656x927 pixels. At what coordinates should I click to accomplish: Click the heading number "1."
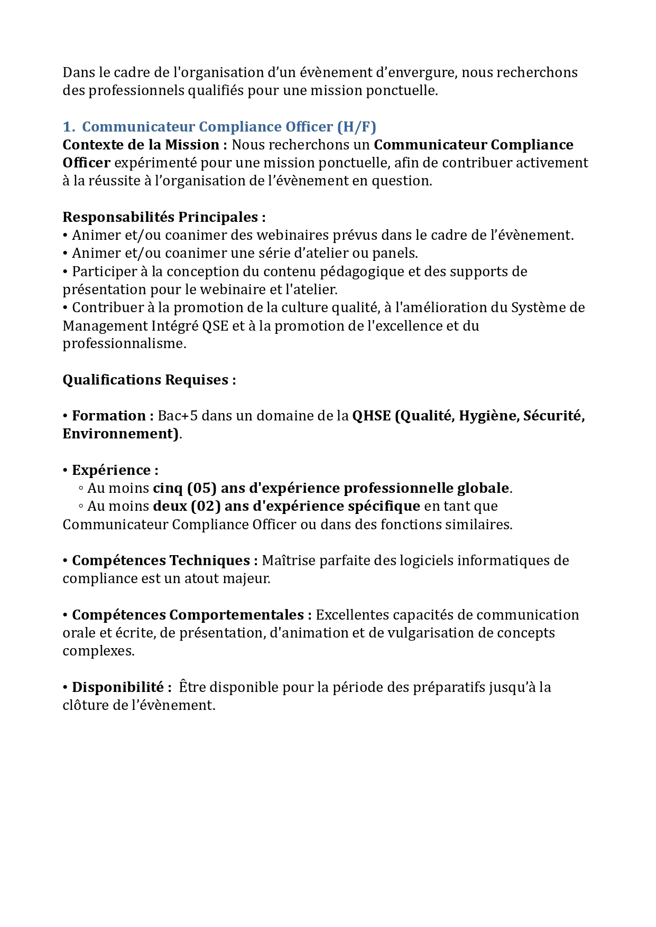click(x=68, y=127)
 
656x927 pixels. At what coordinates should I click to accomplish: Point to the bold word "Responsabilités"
click(x=118, y=217)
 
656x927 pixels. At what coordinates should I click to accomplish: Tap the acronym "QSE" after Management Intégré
click(x=215, y=326)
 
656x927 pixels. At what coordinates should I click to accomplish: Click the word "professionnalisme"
click(x=124, y=344)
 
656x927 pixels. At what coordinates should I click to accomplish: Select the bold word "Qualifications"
click(x=112, y=380)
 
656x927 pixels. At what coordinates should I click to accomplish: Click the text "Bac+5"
click(x=178, y=416)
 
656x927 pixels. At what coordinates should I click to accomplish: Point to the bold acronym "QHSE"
click(x=372, y=416)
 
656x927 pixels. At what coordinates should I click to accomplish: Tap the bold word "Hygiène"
click(x=488, y=416)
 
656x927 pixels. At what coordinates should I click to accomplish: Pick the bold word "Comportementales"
click(x=236, y=615)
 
